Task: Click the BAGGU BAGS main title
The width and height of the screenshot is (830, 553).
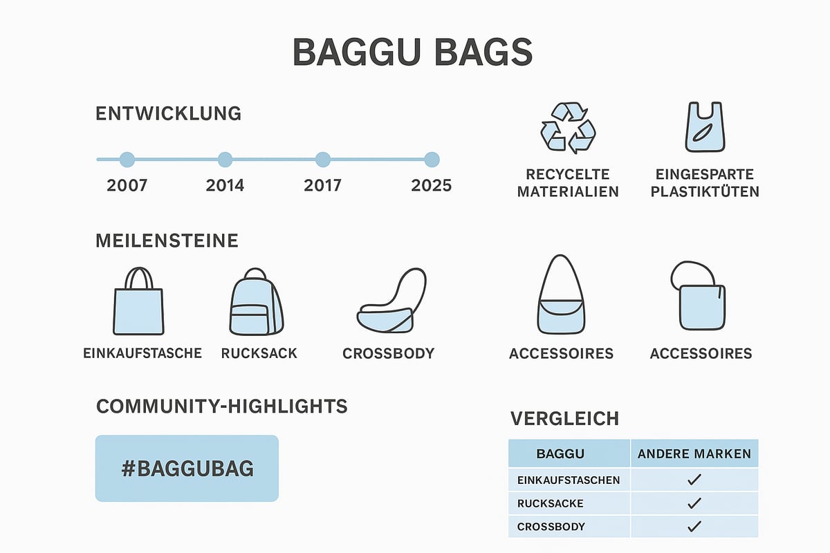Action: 413,53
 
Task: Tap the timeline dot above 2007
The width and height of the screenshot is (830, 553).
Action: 127,160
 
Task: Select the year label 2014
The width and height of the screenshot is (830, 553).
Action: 225,186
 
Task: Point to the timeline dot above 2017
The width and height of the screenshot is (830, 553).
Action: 323,160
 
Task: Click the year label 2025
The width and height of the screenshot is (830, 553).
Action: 431,186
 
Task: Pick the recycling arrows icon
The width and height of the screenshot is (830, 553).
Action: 567,128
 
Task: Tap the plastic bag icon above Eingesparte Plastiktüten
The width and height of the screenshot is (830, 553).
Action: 705,128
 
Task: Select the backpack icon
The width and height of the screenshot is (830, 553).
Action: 256,302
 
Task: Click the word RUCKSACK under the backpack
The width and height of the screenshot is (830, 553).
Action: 259,353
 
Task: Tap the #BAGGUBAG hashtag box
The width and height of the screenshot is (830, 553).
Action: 187,468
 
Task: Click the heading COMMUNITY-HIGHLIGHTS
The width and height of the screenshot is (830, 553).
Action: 221,406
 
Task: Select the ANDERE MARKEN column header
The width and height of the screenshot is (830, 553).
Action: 694,454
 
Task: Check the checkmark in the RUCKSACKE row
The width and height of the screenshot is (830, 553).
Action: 694,503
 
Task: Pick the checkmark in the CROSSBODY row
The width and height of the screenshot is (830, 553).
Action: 694,527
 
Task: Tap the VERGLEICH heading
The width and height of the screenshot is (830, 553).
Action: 564,418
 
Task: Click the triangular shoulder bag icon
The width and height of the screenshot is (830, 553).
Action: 561,297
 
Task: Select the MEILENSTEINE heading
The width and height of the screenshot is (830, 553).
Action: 167,241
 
